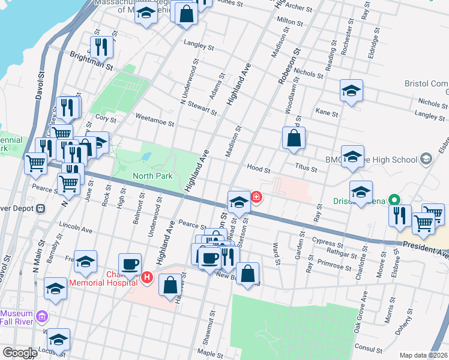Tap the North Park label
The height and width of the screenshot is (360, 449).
[152, 176]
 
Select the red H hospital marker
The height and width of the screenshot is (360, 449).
[148, 278]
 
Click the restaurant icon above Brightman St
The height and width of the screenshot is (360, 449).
[101, 47]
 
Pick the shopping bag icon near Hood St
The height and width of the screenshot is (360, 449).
[293, 138]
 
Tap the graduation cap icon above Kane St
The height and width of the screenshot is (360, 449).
[351, 91]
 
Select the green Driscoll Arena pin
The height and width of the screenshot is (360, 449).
[394, 200]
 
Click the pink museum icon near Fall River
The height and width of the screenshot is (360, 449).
[41, 316]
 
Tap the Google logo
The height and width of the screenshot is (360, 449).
[20, 353]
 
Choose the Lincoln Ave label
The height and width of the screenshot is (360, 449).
[76, 229]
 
